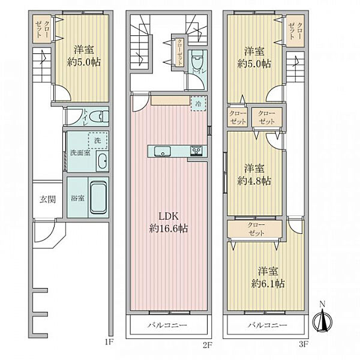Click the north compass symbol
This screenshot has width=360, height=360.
pyautogui.click(x=323, y=320)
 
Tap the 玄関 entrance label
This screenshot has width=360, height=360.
pyautogui.click(x=47, y=199)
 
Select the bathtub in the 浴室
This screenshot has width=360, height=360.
pyautogui.click(x=98, y=197)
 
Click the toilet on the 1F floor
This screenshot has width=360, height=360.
pyautogui.click(x=99, y=116)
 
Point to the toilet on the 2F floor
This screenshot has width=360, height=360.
pyautogui.click(x=197, y=59)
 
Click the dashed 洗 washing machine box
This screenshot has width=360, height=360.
pyautogui.click(x=98, y=140)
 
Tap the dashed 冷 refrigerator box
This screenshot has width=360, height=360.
pyautogui.click(x=199, y=104)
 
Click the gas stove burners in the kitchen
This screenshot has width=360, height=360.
pyautogui.click(x=196, y=151)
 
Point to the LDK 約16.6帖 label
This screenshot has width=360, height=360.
pyautogui.click(x=169, y=222)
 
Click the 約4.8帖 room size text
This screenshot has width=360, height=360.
pyautogui.click(x=254, y=181)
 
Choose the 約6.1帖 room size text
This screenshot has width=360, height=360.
pyautogui.click(x=268, y=284)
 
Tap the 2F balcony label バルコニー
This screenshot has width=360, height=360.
pyautogui.click(x=167, y=325)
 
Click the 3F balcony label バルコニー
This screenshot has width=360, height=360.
pyautogui.click(x=268, y=325)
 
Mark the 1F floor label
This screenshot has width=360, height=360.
pyautogui.click(x=109, y=343)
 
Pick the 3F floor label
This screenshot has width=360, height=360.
pyautogui.click(x=303, y=344)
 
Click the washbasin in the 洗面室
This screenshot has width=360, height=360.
pyautogui.click(x=102, y=161)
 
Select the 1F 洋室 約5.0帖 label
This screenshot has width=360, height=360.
pyautogui.click(x=84, y=56)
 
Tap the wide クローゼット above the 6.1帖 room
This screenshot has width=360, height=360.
pyautogui.click(x=255, y=229)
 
